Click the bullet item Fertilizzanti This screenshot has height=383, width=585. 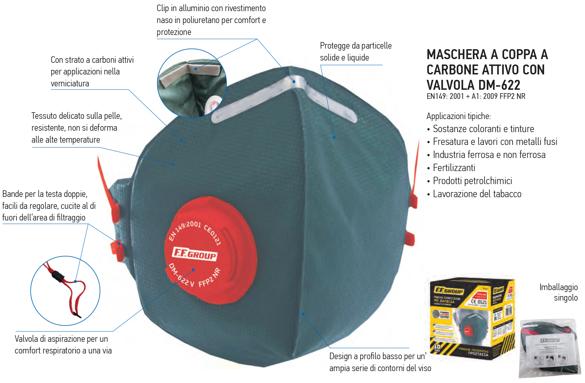tap(454, 168)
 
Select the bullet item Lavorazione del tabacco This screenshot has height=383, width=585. tap(477, 194)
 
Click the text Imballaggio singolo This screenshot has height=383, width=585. tap(559, 292)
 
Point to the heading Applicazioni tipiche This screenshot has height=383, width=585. tap(459, 116)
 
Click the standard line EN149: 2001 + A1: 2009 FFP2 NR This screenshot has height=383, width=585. tap(476, 96)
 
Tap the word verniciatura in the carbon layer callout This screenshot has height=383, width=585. tap(70, 84)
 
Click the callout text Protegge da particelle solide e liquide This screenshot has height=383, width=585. tap(356, 52)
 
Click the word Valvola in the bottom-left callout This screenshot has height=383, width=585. tap(26, 339)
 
